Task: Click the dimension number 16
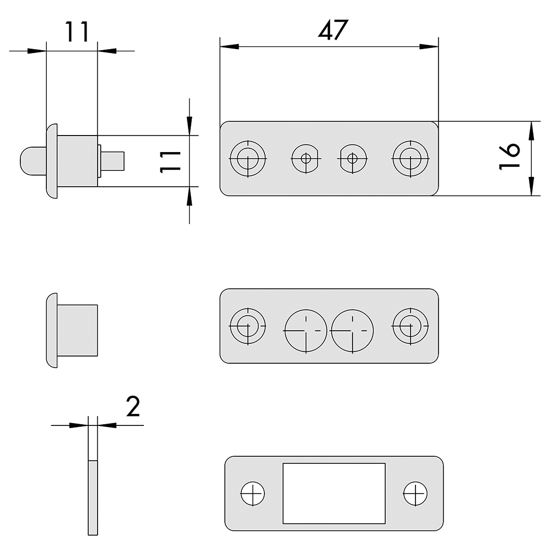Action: coord(510,156)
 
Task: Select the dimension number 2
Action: coord(133,407)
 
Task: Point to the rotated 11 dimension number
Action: coord(170,161)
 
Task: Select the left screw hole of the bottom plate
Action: coord(253,493)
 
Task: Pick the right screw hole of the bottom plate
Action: coord(415,493)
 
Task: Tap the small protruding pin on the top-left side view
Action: coord(112,161)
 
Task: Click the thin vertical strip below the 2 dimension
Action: coord(93,497)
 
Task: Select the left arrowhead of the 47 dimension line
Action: coord(229,46)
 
